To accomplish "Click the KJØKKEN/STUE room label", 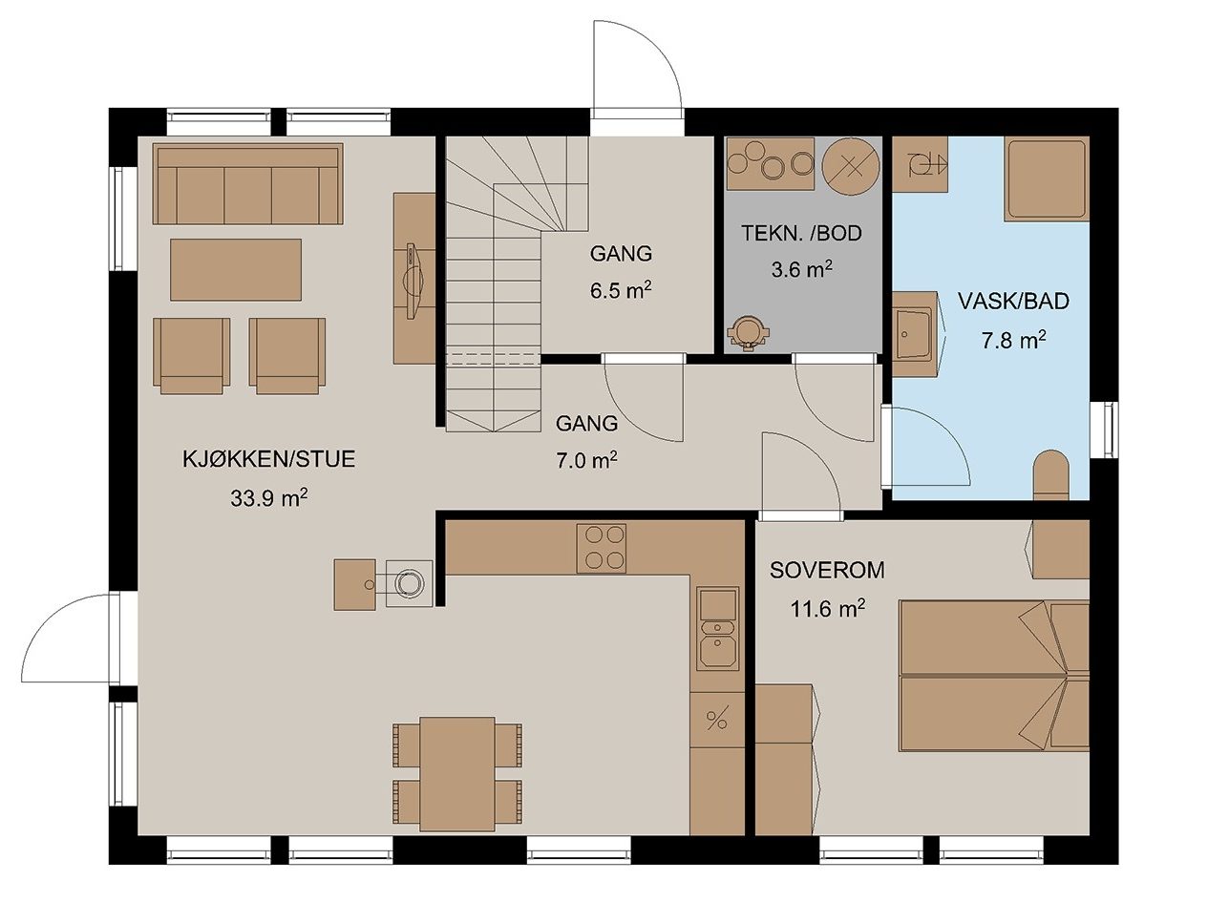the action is tap(269, 459).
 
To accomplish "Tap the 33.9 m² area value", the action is tap(268, 498).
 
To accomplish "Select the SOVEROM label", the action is tap(827, 570).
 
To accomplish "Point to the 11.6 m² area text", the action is tap(827, 609).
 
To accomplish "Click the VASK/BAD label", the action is tap(1013, 301).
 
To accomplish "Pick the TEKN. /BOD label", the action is tap(801, 233).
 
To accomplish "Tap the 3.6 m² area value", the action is tap(801, 269).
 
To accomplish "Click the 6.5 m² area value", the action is tap(621, 290).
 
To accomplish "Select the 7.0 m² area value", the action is tap(586, 461).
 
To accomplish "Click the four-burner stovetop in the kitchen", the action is tap(601, 548).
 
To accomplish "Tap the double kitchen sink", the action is tap(717, 629).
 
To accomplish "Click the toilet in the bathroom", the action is tap(1051, 474).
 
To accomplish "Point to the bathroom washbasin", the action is tap(914, 333).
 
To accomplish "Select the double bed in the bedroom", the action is tap(994, 676).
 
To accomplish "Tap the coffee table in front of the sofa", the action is tap(236, 269).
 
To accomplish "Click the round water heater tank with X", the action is tap(851, 166).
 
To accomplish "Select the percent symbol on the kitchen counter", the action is tap(716, 720).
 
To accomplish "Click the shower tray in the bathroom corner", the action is tap(1047, 178).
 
